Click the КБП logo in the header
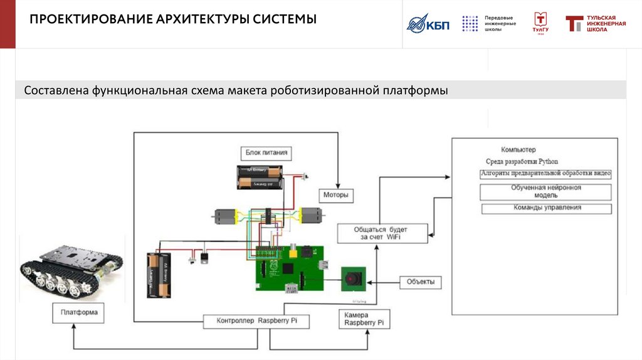pyautogui.click(x=427, y=24)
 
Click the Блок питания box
pyautogui.click(x=266, y=153)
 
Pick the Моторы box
pyautogui.click(x=335, y=196)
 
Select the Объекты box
pyautogui.click(x=420, y=282)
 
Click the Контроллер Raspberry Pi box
pyautogui.click(x=256, y=321)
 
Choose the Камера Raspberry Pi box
pyautogui.click(x=364, y=319)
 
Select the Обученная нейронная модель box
pyautogui.click(x=545, y=191)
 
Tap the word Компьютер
pyautogui.click(x=518, y=150)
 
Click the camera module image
pyautogui.click(x=354, y=278)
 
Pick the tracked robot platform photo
pyautogui.click(x=71, y=268)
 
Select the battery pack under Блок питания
pyautogui.click(x=260, y=177)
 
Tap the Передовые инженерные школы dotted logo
pyautogui.click(x=470, y=23)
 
